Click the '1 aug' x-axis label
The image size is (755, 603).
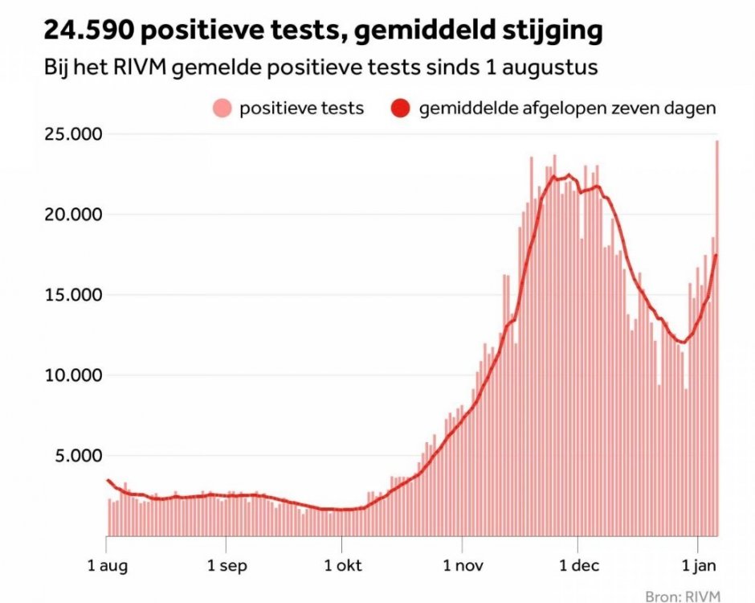[108, 566]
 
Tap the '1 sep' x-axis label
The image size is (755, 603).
[227, 566]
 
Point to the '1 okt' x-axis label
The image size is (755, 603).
[343, 566]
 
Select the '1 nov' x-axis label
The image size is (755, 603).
[463, 566]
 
